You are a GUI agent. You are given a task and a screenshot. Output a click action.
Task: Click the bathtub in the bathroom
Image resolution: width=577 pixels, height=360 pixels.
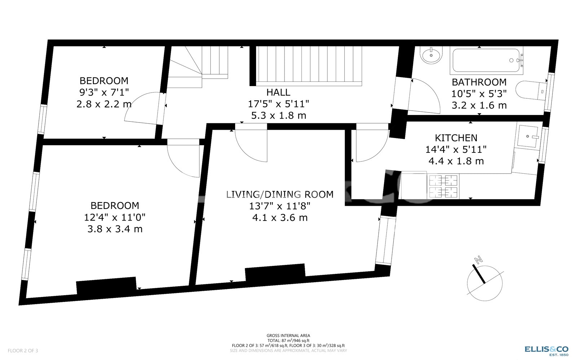pyautogui.click(x=486, y=61)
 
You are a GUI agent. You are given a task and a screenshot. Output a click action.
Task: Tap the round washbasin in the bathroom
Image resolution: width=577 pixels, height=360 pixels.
pyautogui.click(x=431, y=55)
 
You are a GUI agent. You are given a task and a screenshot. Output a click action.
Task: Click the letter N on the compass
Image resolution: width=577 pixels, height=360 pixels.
pyautogui.click(x=478, y=260)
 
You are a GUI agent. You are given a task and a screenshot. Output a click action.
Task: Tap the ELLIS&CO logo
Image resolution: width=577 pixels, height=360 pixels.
pyautogui.click(x=546, y=351)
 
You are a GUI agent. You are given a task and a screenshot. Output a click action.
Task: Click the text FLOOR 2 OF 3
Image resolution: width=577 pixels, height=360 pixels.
pyautogui.click(x=23, y=351)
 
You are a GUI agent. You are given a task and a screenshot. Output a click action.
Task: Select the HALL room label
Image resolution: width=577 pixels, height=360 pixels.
pyautogui.click(x=278, y=92)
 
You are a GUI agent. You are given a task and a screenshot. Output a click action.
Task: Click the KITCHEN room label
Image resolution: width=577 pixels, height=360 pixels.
pyautogui.click(x=456, y=138)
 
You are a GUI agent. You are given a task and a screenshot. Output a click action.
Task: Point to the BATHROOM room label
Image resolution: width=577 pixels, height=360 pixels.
pyautogui.click(x=479, y=82)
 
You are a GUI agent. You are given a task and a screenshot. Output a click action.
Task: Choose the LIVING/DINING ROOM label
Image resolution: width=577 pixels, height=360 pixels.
pyautogui.click(x=280, y=194)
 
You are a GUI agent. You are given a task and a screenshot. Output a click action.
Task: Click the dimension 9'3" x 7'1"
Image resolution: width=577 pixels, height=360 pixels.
pyautogui.click(x=104, y=92)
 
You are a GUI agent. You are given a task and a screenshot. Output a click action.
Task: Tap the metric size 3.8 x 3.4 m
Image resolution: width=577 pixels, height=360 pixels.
pyautogui.click(x=115, y=229)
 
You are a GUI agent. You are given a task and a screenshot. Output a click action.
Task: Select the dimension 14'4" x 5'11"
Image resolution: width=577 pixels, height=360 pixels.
pyautogui.click(x=456, y=149)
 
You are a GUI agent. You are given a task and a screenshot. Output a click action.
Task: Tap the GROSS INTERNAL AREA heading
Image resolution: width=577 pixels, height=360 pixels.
pyautogui.click(x=288, y=335)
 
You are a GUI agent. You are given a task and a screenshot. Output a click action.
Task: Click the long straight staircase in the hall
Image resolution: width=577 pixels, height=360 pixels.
pyautogui.click(x=309, y=66)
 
